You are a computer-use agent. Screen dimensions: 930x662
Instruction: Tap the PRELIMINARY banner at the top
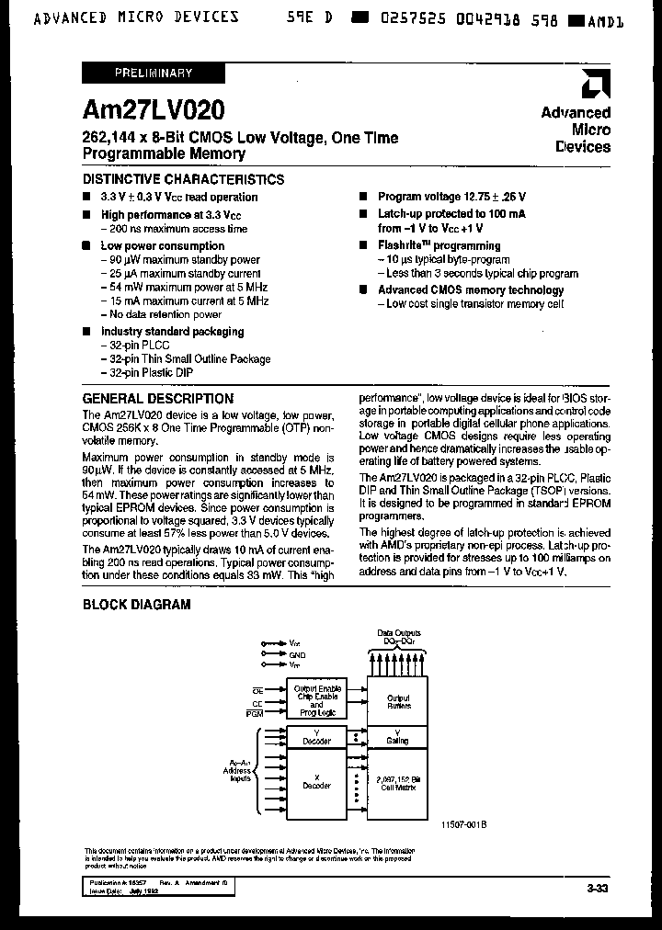click(154, 73)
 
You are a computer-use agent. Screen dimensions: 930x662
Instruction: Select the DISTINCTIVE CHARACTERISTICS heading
click(184, 180)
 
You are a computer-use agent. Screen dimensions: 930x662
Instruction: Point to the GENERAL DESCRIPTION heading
click(158, 399)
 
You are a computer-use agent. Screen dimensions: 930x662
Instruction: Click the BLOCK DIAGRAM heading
click(137, 605)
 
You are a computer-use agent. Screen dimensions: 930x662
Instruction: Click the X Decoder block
click(315, 782)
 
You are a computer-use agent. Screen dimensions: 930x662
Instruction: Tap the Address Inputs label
click(239, 770)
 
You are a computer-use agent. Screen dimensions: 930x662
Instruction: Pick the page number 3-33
click(595, 888)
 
